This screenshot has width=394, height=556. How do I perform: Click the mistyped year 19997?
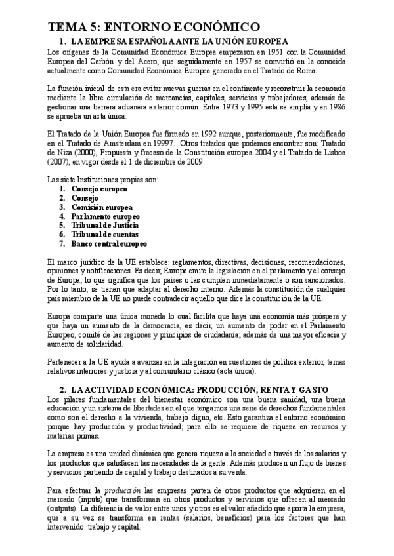point(162,144)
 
